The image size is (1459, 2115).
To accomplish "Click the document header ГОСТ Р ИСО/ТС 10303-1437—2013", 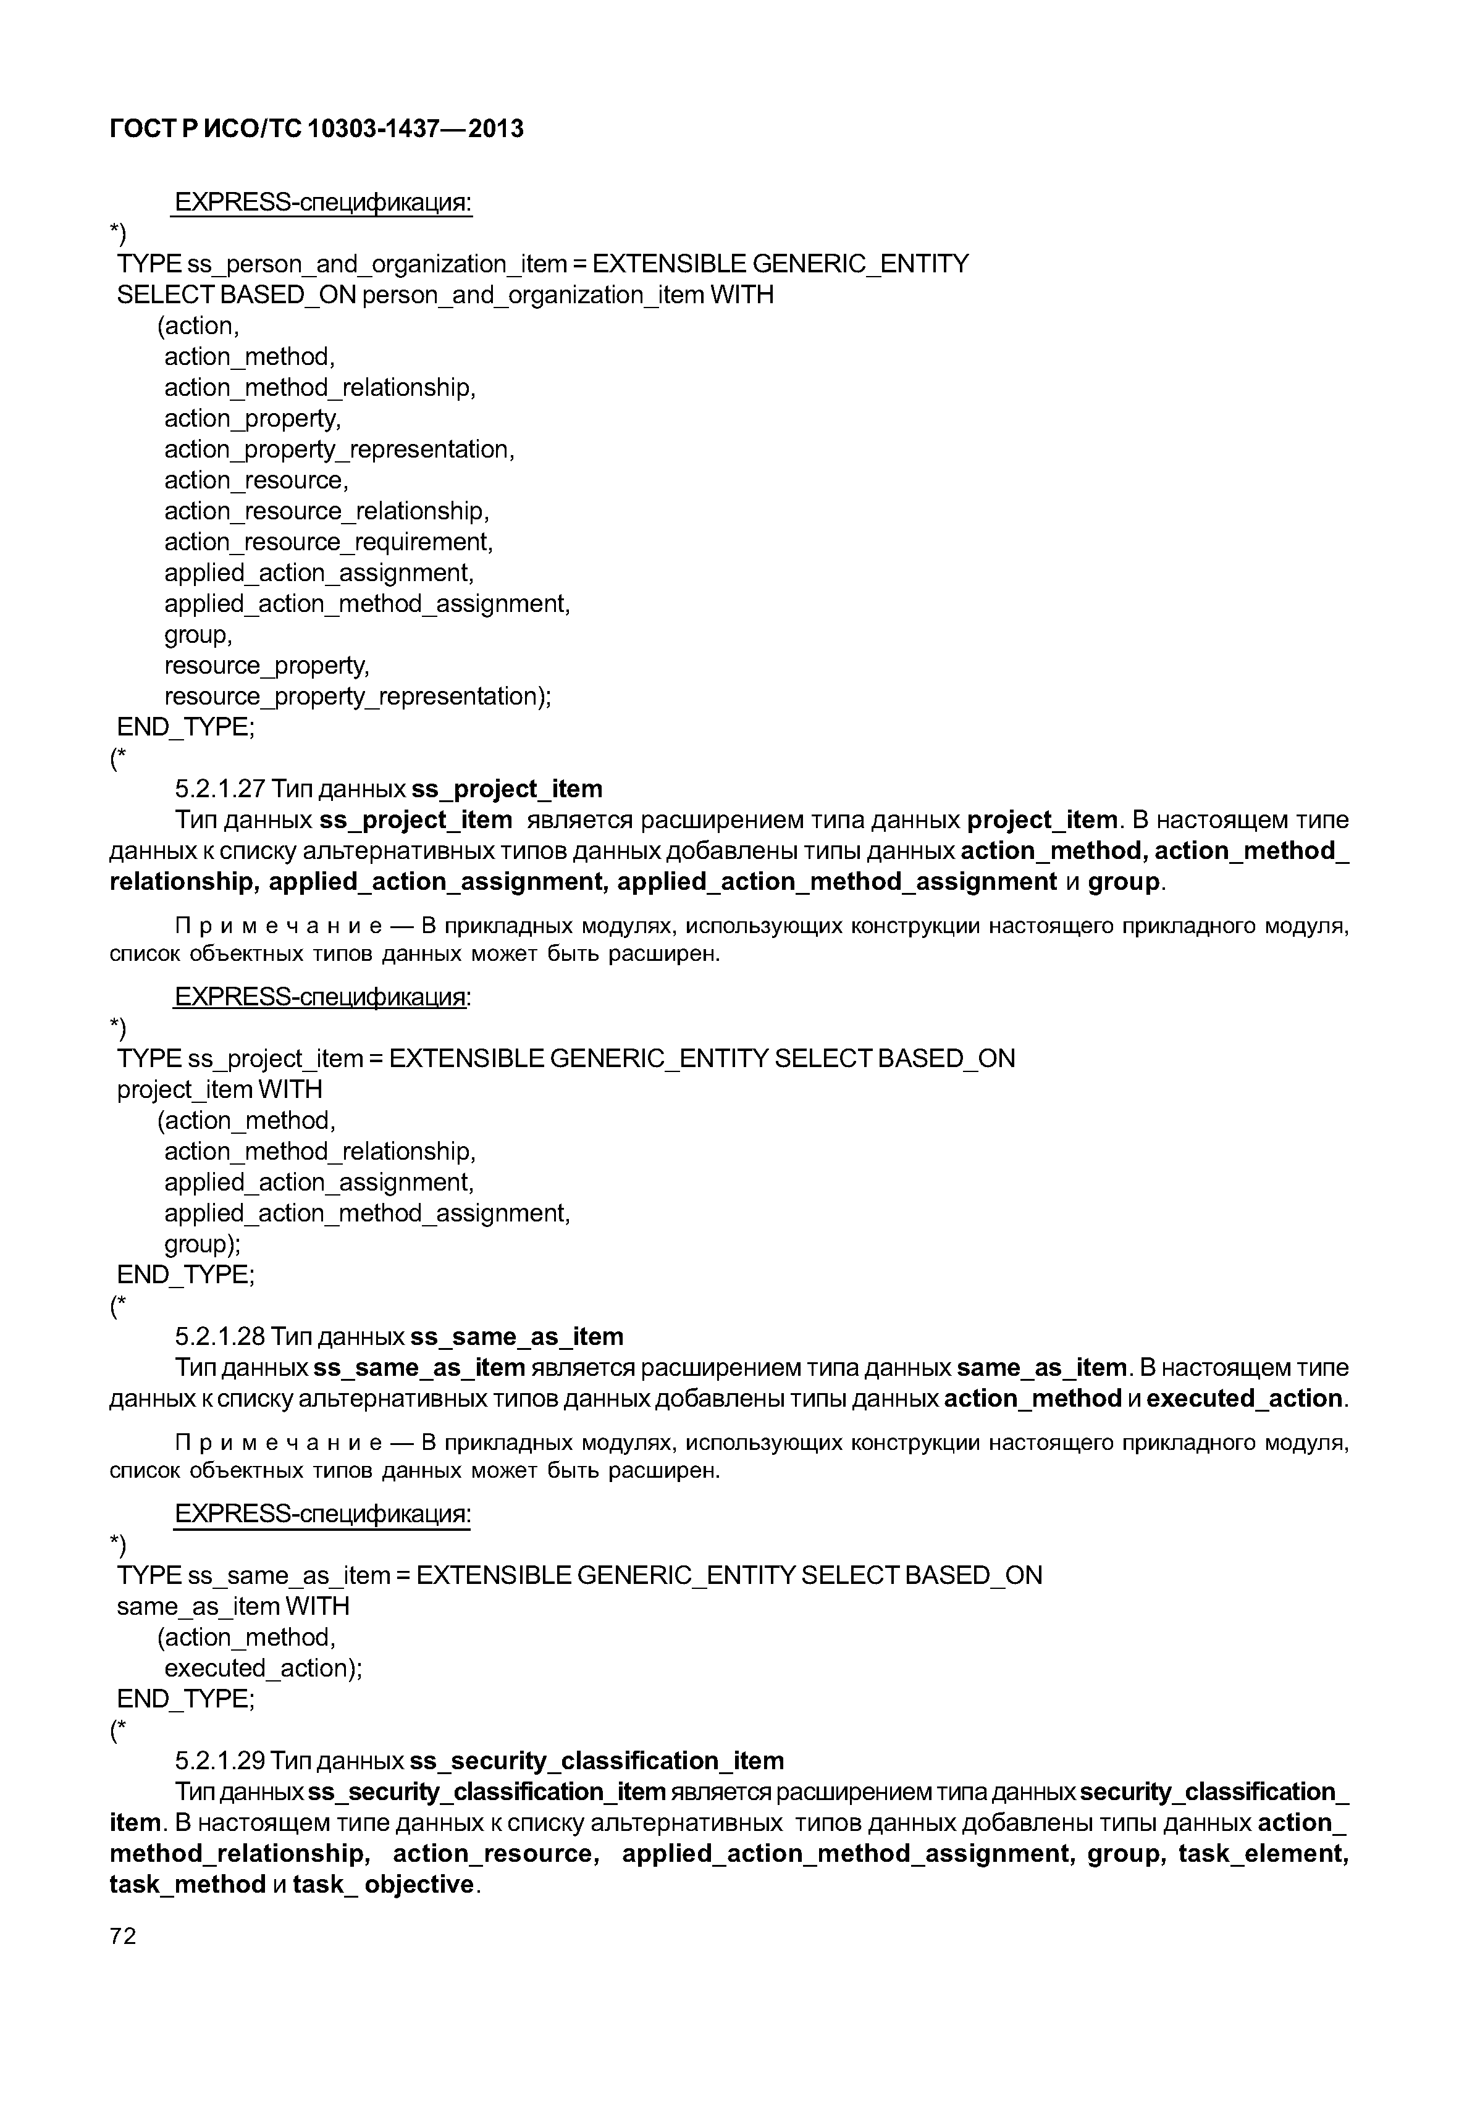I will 316,129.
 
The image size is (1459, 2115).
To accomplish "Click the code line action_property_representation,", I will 339,450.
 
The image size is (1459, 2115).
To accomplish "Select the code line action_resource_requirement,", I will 328,542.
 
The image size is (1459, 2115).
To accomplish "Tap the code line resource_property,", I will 266,666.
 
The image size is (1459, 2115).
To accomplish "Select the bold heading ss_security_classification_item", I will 596,1761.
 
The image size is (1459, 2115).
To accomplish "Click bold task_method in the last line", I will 187,1885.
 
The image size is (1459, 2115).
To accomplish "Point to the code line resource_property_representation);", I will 358,697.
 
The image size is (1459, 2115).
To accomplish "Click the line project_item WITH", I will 219,1089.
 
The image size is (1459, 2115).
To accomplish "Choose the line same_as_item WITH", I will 233,1606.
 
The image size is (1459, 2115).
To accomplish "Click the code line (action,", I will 198,326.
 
